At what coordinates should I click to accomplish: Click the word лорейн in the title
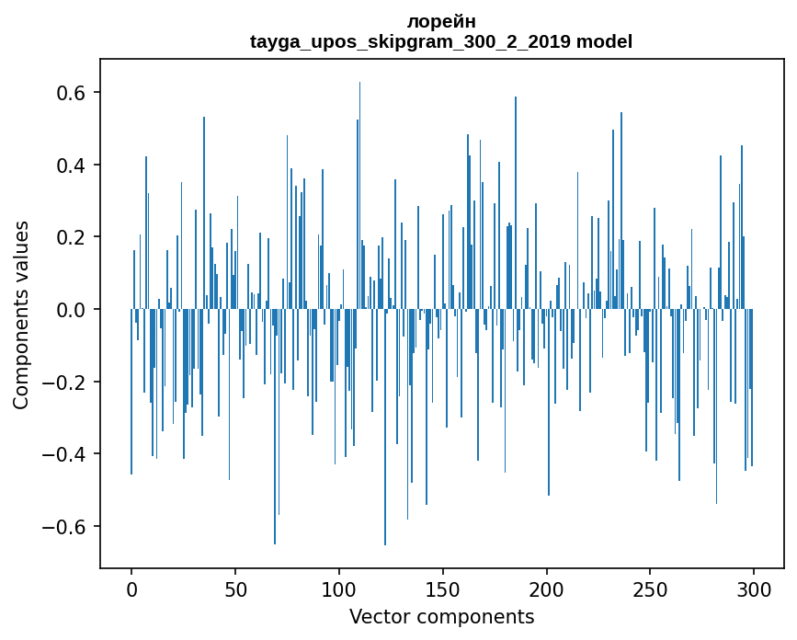tap(441, 21)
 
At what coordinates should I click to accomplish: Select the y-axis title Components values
tap(21, 314)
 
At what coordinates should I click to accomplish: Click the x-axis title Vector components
tap(441, 617)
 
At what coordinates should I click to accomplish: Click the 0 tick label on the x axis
tap(131, 589)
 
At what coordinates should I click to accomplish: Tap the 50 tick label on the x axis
tap(235, 589)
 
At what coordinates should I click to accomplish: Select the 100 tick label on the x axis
tap(339, 589)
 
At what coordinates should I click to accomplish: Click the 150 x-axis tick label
tap(443, 589)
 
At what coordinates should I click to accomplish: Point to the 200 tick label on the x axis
tap(547, 589)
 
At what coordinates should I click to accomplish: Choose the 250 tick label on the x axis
tap(650, 589)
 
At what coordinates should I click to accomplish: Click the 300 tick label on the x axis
tap(754, 589)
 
